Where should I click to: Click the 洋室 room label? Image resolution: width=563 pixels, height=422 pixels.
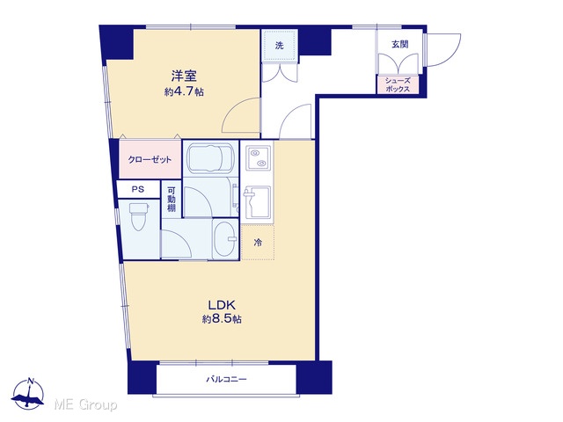[x=184, y=76]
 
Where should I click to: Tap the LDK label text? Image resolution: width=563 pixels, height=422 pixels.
[x=222, y=305]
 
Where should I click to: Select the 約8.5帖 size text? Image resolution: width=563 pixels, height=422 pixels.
[x=222, y=318]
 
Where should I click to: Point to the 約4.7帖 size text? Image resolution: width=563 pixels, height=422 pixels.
[x=184, y=91]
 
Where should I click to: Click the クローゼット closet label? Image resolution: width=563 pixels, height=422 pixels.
[x=150, y=160]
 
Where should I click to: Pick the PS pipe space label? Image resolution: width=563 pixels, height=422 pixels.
[x=138, y=189]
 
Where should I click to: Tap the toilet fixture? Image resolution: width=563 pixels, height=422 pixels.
[x=138, y=216]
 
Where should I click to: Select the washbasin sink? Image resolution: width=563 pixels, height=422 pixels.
[x=225, y=238]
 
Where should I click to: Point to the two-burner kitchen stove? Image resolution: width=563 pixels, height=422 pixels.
[x=258, y=158]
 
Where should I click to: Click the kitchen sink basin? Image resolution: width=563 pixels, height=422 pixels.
[x=258, y=202]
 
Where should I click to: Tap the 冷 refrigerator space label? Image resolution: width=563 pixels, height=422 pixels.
[x=258, y=243]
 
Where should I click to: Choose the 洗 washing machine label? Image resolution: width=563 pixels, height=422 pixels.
[x=280, y=46]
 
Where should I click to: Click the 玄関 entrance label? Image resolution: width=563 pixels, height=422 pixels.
[x=399, y=44]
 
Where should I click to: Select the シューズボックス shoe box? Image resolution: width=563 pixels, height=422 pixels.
[x=398, y=85]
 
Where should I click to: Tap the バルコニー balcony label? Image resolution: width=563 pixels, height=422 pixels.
[x=226, y=379]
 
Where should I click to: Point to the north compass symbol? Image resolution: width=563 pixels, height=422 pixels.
[x=28, y=394]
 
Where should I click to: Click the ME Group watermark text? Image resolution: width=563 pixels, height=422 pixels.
[x=85, y=405]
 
